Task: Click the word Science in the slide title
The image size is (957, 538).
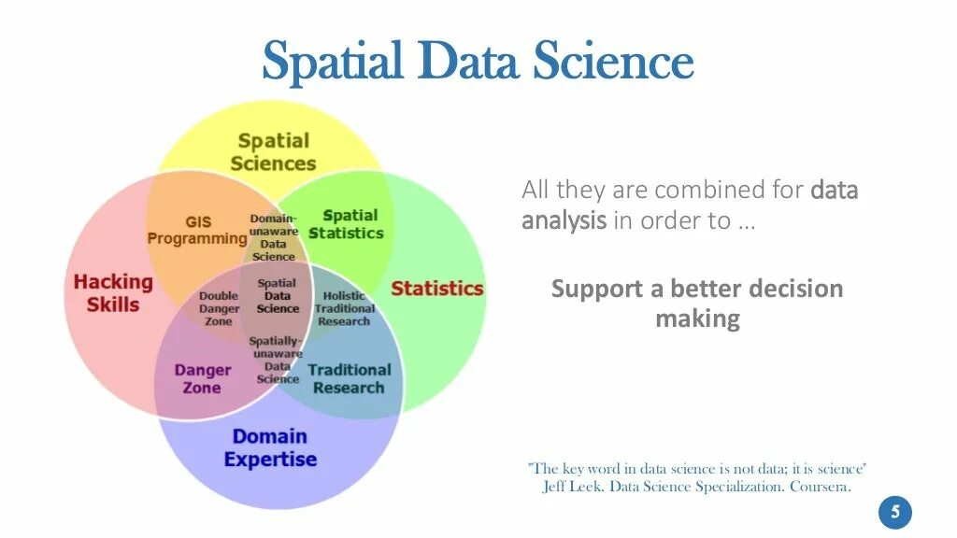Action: pyautogui.click(x=614, y=61)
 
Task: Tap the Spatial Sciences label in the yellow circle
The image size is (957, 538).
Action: pyautogui.click(x=273, y=152)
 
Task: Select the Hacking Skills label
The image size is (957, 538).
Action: pyautogui.click(x=113, y=292)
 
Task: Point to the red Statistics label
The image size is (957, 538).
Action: pyautogui.click(x=436, y=288)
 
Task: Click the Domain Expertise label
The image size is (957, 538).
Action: pyautogui.click(x=270, y=447)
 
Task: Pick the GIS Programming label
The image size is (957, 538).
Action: pyautogui.click(x=197, y=231)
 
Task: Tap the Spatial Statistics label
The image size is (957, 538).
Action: pyautogui.click(x=347, y=224)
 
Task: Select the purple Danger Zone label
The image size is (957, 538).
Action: pyautogui.click(x=202, y=378)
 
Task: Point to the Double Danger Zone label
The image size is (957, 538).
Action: pyautogui.click(x=219, y=308)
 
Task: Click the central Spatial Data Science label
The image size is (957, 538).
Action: pyautogui.click(x=278, y=296)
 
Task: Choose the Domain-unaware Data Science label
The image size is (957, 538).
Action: pyautogui.click(x=273, y=237)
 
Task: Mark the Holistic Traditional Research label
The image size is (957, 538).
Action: pyautogui.click(x=344, y=308)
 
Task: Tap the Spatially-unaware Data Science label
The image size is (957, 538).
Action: pyautogui.click(x=277, y=360)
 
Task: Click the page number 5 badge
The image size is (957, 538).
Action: pyautogui.click(x=894, y=512)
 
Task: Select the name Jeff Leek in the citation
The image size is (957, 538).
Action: pyautogui.click(x=573, y=488)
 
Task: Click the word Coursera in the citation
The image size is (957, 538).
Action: pyautogui.click(x=820, y=488)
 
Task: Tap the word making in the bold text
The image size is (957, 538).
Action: pyautogui.click(x=697, y=319)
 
